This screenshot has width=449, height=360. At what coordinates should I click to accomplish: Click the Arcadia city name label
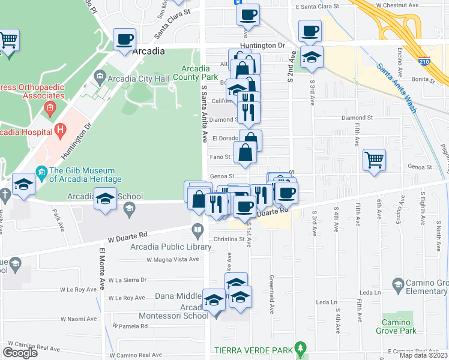[148, 51]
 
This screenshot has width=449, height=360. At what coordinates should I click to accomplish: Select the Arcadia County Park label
[196, 73]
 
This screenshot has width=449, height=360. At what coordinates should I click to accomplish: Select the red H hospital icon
[59, 129]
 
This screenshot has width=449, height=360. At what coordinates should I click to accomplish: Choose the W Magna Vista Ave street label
[173, 259]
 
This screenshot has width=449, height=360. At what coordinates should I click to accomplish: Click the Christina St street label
[229, 238]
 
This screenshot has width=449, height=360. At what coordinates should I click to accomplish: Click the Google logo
[20, 353]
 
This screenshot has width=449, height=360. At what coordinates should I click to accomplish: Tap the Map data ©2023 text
[423, 355]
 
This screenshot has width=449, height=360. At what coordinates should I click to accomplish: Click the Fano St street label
[220, 157]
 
